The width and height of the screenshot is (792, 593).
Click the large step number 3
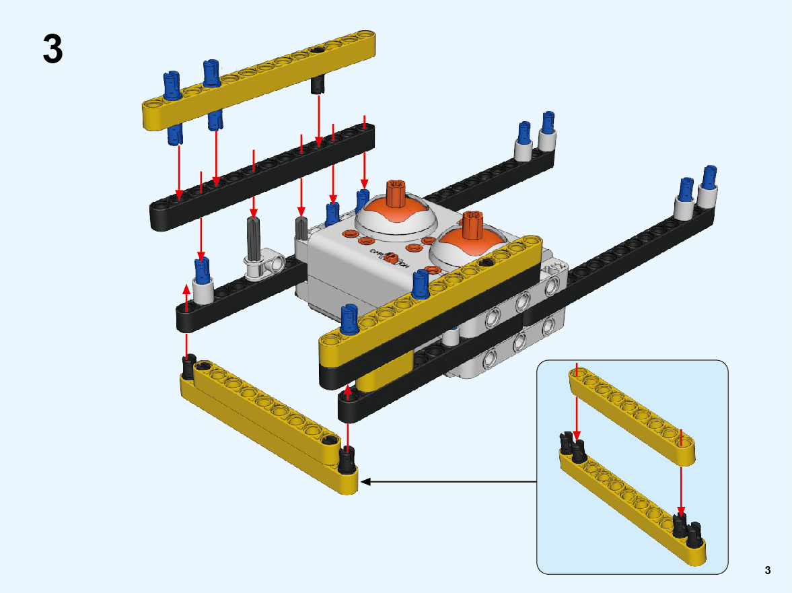point(53,49)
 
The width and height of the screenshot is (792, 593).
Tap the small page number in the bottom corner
point(767,571)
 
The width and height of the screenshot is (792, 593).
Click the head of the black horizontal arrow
point(366,481)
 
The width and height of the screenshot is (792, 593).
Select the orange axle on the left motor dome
point(394,194)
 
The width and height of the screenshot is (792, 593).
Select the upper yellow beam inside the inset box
point(632,415)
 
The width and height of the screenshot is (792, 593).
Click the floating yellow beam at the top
point(259,79)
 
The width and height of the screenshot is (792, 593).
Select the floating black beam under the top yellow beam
point(262,176)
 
